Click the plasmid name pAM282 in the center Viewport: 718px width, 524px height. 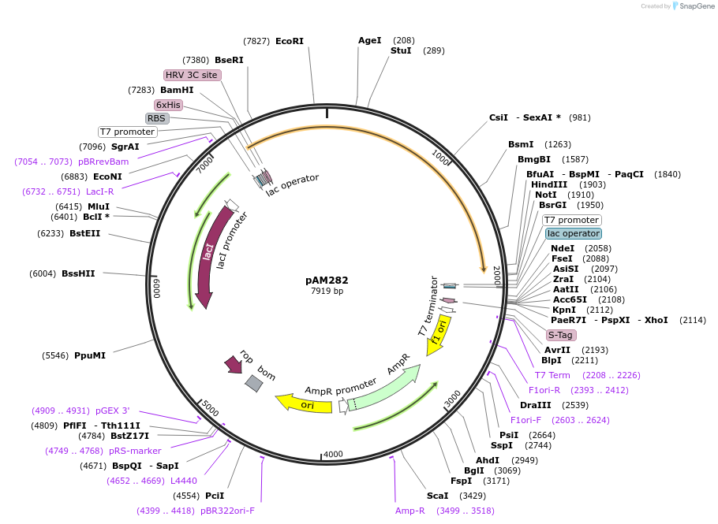pyautogui.click(x=327, y=280)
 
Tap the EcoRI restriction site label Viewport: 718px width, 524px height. pyautogui.click(x=289, y=41)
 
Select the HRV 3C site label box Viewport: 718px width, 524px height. pyautogui.click(x=192, y=75)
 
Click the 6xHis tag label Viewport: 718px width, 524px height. pyautogui.click(x=168, y=105)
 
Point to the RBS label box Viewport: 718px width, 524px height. pyautogui.click(x=157, y=118)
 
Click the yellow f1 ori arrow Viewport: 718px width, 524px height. pyautogui.click(x=439, y=335)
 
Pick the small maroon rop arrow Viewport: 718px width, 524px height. pyautogui.click(x=234, y=364)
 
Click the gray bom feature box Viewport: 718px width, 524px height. pyautogui.click(x=253, y=383)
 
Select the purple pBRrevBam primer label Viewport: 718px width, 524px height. pyautogui.click(x=103, y=162)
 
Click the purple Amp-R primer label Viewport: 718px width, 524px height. pyautogui.click(x=410, y=511)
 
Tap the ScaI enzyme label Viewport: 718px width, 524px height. pyautogui.click(x=437, y=496)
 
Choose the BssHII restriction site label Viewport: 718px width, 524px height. pyautogui.click(x=77, y=273)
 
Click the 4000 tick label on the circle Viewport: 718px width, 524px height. pyautogui.click(x=333, y=454)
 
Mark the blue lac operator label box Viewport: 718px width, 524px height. pyautogui.click(x=573, y=233)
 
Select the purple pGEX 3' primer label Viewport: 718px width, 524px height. pyautogui.click(x=113, y=411)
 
